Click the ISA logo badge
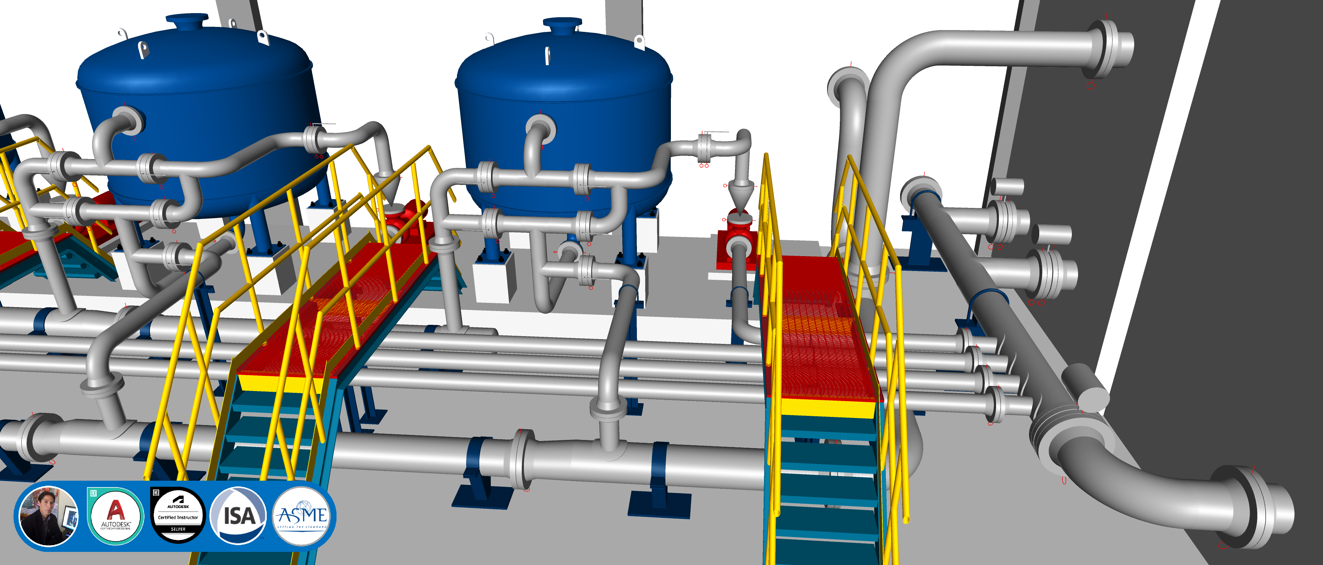[x=238, y=516]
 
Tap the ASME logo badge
[x=302, y=516]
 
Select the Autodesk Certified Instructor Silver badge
[x=178, y=516]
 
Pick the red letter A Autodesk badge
[x=115, y=516]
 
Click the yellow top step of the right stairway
[x=822, y=408]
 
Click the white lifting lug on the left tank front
[x=143, y=50]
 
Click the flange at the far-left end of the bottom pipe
[x=31, y=436]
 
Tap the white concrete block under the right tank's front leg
[x=494, y=280]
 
